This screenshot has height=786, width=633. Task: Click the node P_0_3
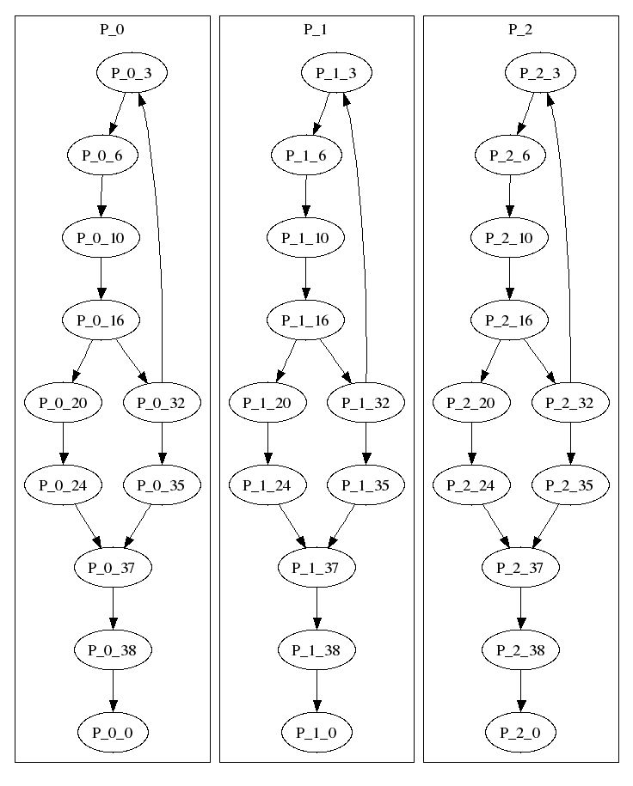132,73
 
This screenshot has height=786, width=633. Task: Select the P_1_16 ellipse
305,320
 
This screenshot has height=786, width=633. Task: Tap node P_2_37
519,568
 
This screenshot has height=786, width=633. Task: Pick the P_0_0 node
113,733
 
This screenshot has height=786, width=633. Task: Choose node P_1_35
366,484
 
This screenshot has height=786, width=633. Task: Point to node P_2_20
470,403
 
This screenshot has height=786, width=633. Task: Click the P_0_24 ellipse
63,484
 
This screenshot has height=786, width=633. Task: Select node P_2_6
510,155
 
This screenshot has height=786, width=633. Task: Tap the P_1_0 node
316,733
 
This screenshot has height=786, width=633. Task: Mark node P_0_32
161,403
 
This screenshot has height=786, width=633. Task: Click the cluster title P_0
112,29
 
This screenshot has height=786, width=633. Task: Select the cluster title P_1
316,29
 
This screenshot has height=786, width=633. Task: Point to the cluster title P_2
520,29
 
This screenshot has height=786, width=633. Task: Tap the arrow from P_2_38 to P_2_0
520,692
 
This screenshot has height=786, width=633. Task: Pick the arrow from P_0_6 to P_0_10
101,196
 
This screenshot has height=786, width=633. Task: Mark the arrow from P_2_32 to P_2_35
570,443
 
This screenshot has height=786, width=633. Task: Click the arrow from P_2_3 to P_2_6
525,114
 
